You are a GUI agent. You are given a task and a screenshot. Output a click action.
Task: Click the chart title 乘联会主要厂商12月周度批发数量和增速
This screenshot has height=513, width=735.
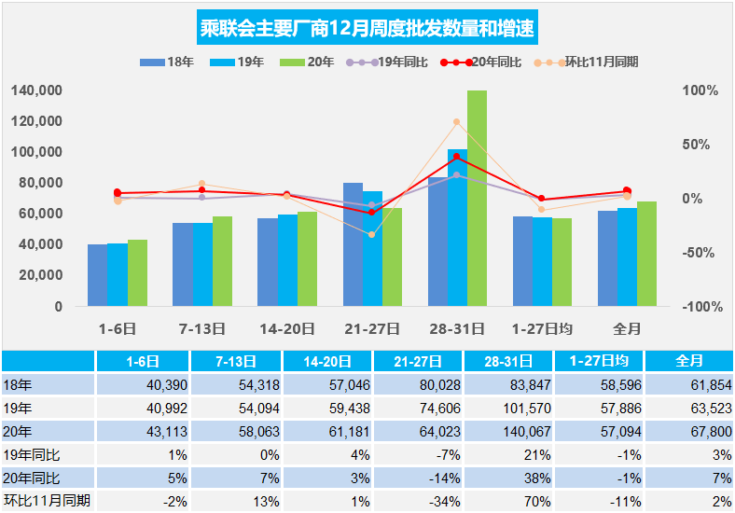(x=367, y=27)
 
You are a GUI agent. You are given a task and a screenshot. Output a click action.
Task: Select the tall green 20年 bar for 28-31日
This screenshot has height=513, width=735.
(x=477, y=198)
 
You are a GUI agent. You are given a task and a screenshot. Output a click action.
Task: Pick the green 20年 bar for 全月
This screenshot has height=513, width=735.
(x=646, y=254)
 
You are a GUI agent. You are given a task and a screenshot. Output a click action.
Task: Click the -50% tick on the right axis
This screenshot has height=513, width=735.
(x=699, y=253)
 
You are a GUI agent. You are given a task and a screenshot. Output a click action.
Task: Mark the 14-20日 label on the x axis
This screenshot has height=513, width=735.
(x=287, y=328)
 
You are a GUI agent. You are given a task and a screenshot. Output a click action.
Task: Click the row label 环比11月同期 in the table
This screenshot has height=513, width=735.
(x=47, y=501)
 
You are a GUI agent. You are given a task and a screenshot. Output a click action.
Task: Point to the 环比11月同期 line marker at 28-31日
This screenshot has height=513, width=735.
(x=457, y=122)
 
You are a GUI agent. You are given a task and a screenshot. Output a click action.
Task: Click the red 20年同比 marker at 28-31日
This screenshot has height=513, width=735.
(x=457, y=157)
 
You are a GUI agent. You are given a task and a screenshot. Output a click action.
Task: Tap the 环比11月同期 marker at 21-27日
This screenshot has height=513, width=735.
(x=372, y=235)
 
